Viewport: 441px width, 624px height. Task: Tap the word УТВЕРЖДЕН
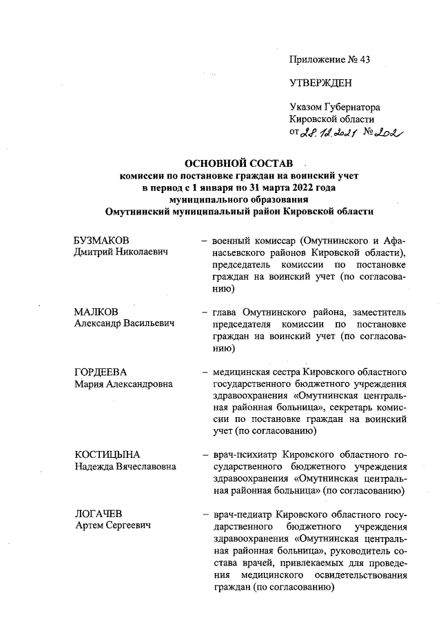click(x=320, y=83)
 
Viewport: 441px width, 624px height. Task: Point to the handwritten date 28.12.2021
click(x=326, y=133)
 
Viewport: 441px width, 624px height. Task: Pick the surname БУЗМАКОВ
click(x=102, y=239)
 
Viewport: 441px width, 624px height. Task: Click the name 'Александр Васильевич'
click(x=124, y=323)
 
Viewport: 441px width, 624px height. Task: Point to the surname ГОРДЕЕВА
click(x=100, y=372)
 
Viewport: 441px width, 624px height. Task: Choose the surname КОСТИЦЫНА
click(x=107, y=454)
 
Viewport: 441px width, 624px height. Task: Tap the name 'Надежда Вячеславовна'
click(x=125, y=466)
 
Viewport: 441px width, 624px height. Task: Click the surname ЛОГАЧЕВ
click(x=99, y=514)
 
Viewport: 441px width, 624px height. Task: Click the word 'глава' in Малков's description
click(x=227, y=312)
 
